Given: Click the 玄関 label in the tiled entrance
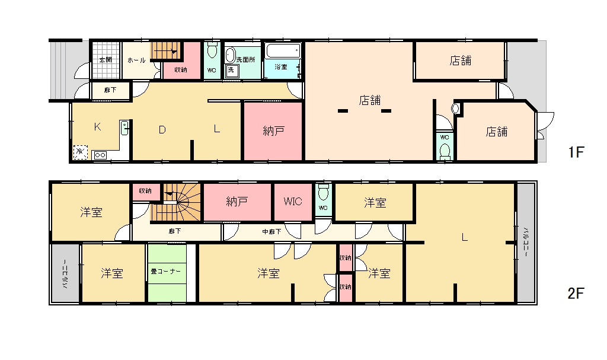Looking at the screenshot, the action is (106, 60).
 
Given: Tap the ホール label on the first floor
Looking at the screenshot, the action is (136, 60).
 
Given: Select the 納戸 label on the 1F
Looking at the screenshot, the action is (274, 130).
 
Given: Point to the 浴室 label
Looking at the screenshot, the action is (280, 66).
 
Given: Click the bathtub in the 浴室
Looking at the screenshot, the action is (283, 51).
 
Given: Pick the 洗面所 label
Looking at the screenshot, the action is (246, 60).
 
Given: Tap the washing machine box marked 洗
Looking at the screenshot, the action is (231, 70).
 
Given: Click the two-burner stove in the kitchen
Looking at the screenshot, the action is (100, 155).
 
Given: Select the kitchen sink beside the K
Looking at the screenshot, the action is (124, 128).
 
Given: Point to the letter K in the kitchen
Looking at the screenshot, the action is (98, 127).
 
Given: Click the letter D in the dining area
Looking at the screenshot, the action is (162, 130).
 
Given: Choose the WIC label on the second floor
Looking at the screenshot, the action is (293, 202).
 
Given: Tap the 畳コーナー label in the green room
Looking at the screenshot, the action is (166, 271).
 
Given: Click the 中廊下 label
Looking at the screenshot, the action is (271, 232).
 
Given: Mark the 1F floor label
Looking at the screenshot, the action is (576, 152).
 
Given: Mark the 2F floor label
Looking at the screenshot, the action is (576, 294).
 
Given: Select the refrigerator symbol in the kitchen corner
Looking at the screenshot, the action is (80, 152).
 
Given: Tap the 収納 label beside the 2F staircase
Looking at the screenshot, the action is (145, 190).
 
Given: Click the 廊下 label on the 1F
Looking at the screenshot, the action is (110, 90).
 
